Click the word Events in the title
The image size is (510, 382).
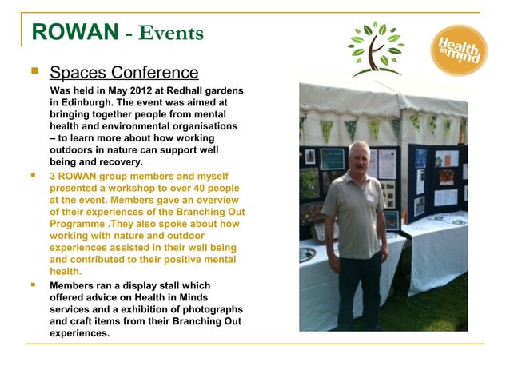click(171, 33)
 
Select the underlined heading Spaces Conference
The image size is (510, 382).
click(124, 73)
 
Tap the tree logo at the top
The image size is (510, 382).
click(375, 48)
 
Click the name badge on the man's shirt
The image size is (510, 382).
click(370, 196)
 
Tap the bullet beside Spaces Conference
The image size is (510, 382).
click(34, 72)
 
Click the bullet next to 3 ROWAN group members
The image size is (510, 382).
click(34, 175)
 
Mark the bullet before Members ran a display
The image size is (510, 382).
click(34, 285)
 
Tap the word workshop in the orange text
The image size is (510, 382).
click(134, 188)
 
